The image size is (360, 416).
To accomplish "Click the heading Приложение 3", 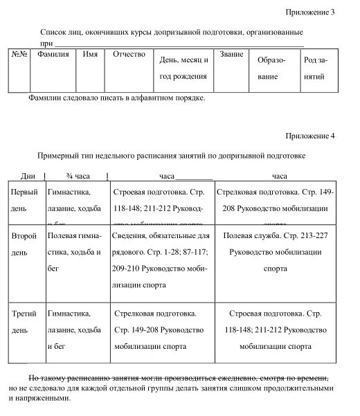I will pyautogui.click(x=310, y=12).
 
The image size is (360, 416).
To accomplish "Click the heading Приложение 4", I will pyautogui.click(x=310, y=136).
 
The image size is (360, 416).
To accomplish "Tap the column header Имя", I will pyautogui.click(x=89, y=54).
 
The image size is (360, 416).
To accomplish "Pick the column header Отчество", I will pyautogui.click(x=129, y=54).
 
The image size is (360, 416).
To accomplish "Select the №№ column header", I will pyautogui.click(x=19, y=54).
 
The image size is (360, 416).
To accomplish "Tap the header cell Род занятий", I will pyautogui.click(x=316, y=69).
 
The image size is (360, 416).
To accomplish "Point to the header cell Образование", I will pyautogui.click(x=271, y=69).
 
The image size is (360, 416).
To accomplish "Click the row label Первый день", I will pyautogui.click(x=25, y=199).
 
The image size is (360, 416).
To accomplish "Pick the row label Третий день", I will pyautogui.click(x=24, y=322).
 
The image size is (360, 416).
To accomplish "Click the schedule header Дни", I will pyautogui.click(x=28, y=176).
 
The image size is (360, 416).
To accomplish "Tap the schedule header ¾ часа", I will pyautogui.click(x=78, y=176).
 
